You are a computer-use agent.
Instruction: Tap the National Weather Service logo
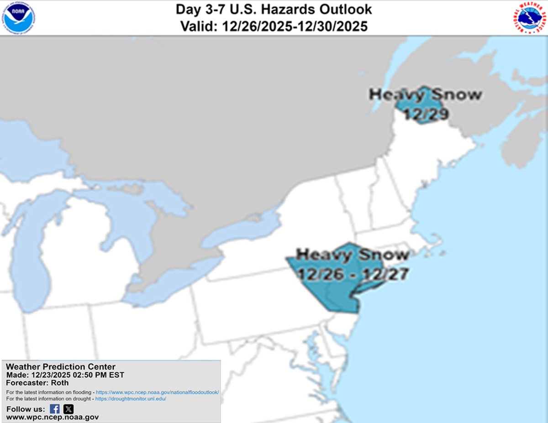[529, 17]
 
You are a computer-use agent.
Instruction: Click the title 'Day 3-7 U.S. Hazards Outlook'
[274, 9]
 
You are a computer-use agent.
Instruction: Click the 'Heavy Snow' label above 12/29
[425, 95]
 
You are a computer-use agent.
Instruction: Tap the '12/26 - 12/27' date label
[352, 274]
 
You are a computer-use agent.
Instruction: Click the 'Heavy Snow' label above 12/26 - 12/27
[353, 255]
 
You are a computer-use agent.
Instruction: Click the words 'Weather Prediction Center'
[61, 367]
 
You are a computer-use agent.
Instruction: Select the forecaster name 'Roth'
[59, 383]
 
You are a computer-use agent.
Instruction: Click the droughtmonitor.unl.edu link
[131, 399]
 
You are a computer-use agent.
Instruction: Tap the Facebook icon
[55, 409]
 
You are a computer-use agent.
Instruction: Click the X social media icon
[68, 409]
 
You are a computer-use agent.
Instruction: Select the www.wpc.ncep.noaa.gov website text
[52, 417]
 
